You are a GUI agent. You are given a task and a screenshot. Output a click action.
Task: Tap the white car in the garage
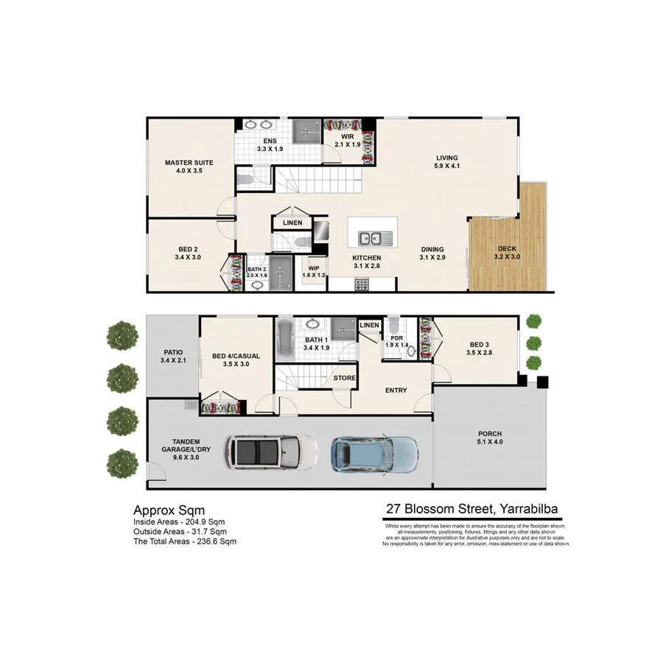pos(271,451)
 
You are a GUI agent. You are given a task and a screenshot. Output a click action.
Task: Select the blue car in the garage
pos(375,450)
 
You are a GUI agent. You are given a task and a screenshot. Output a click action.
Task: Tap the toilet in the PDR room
pos(394,325)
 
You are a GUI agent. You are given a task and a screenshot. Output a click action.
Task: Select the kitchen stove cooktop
pos(362,284)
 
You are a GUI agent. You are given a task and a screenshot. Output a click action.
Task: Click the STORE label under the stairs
pos(344,378)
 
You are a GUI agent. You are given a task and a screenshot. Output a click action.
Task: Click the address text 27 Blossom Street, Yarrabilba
pos(471,509)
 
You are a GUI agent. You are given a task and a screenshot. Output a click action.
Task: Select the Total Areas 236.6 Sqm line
pos(185,541)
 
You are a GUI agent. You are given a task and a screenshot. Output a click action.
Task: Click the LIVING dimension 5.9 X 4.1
pos(446,166)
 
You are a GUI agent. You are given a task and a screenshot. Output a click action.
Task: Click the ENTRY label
pos(396,390)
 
